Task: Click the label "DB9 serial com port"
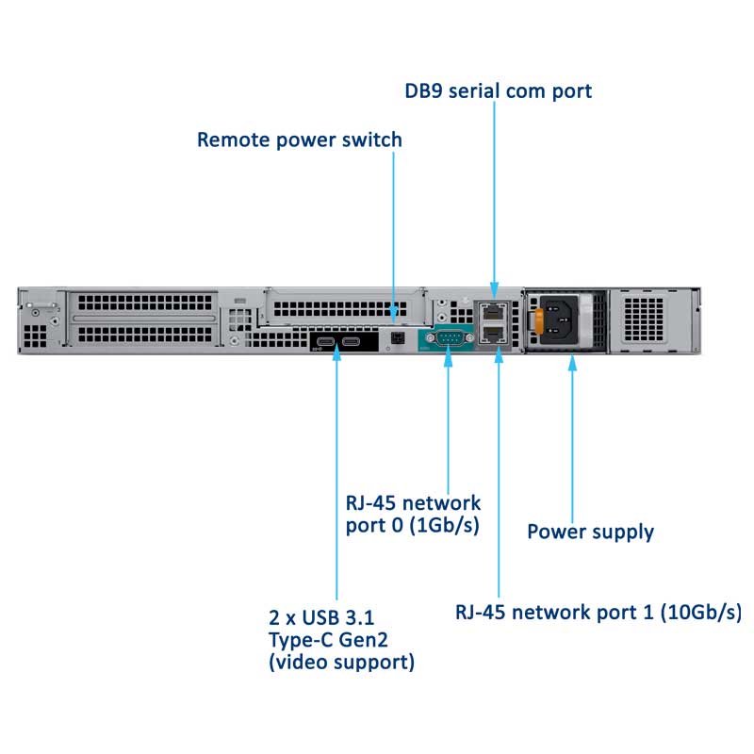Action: pyautogui.click(x=497, y=90)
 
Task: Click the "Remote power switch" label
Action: pyautogui.click(x=299, y=140)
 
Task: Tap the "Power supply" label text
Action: pyautogui.click(x=590, y=532)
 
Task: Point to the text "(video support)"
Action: pyautogui.click(x=341, y=663)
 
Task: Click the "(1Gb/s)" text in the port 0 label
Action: pyautogui.click(x=441, y=524)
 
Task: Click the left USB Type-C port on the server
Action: pyautogui.click(x=326, y=340)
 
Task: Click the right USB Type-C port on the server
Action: pyautogui.click(x=352, y=340)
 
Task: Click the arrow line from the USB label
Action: pyautogui.click(x=337, y=471)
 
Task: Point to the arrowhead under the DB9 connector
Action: pyautogui.click(x=449, y=363)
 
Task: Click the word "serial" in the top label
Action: pyautogui.click(x=497, y=90)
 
